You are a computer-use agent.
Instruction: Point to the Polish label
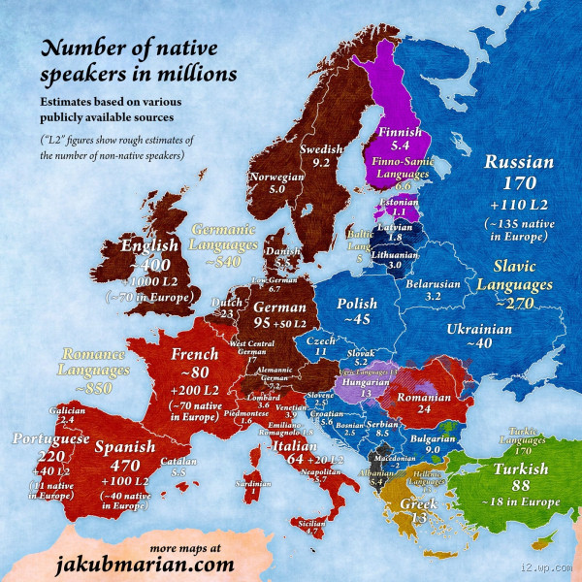click(357, 305)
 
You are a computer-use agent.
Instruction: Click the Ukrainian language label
click(477, 330)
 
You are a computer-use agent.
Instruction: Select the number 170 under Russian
click(518, 183)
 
